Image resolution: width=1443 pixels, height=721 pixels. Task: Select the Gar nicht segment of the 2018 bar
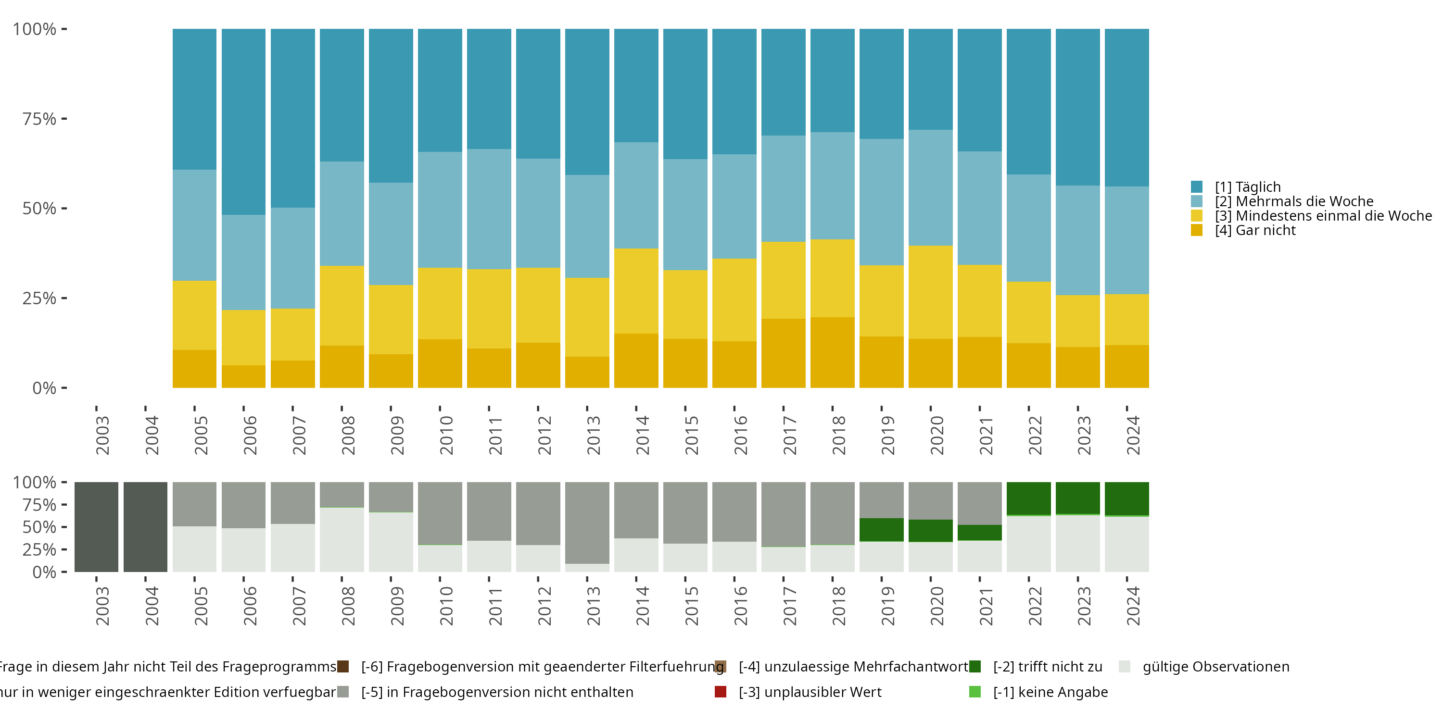pos(833,352)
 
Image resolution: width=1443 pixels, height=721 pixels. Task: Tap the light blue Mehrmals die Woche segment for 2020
pos(930,187)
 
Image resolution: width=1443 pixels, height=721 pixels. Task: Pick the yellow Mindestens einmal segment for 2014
pos(636,290)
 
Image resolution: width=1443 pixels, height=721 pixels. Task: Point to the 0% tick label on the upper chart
pos(44,388)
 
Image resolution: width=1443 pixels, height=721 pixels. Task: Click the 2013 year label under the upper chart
pos(594,435)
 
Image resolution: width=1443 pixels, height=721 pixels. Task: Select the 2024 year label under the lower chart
pos(1133,606)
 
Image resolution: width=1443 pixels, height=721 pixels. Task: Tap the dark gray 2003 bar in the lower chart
pos(96,527)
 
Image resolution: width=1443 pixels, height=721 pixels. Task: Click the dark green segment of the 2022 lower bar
pos(1028,498)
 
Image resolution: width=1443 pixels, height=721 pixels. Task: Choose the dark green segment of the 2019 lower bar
pos(881,530)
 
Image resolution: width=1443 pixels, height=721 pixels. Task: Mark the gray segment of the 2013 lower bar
pos(587,522)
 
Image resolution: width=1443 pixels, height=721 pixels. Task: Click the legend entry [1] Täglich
pos(1248,187)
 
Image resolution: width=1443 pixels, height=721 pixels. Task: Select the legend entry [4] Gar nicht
pos(1255,231)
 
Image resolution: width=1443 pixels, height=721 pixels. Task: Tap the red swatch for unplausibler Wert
pos(721,692)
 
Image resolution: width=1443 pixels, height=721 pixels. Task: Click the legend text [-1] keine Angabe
pos(1051,692)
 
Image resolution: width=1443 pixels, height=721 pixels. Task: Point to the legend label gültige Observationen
pos(1215,667)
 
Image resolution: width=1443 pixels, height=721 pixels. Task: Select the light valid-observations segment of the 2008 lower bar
pos(342,540)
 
